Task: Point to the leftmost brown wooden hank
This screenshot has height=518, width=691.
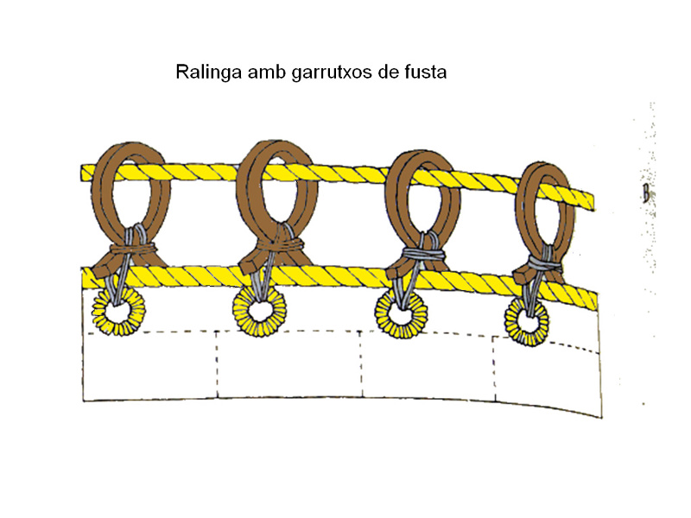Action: click(x=123, y=199)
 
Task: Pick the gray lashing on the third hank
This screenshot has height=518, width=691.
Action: click(x=420, y=256)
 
